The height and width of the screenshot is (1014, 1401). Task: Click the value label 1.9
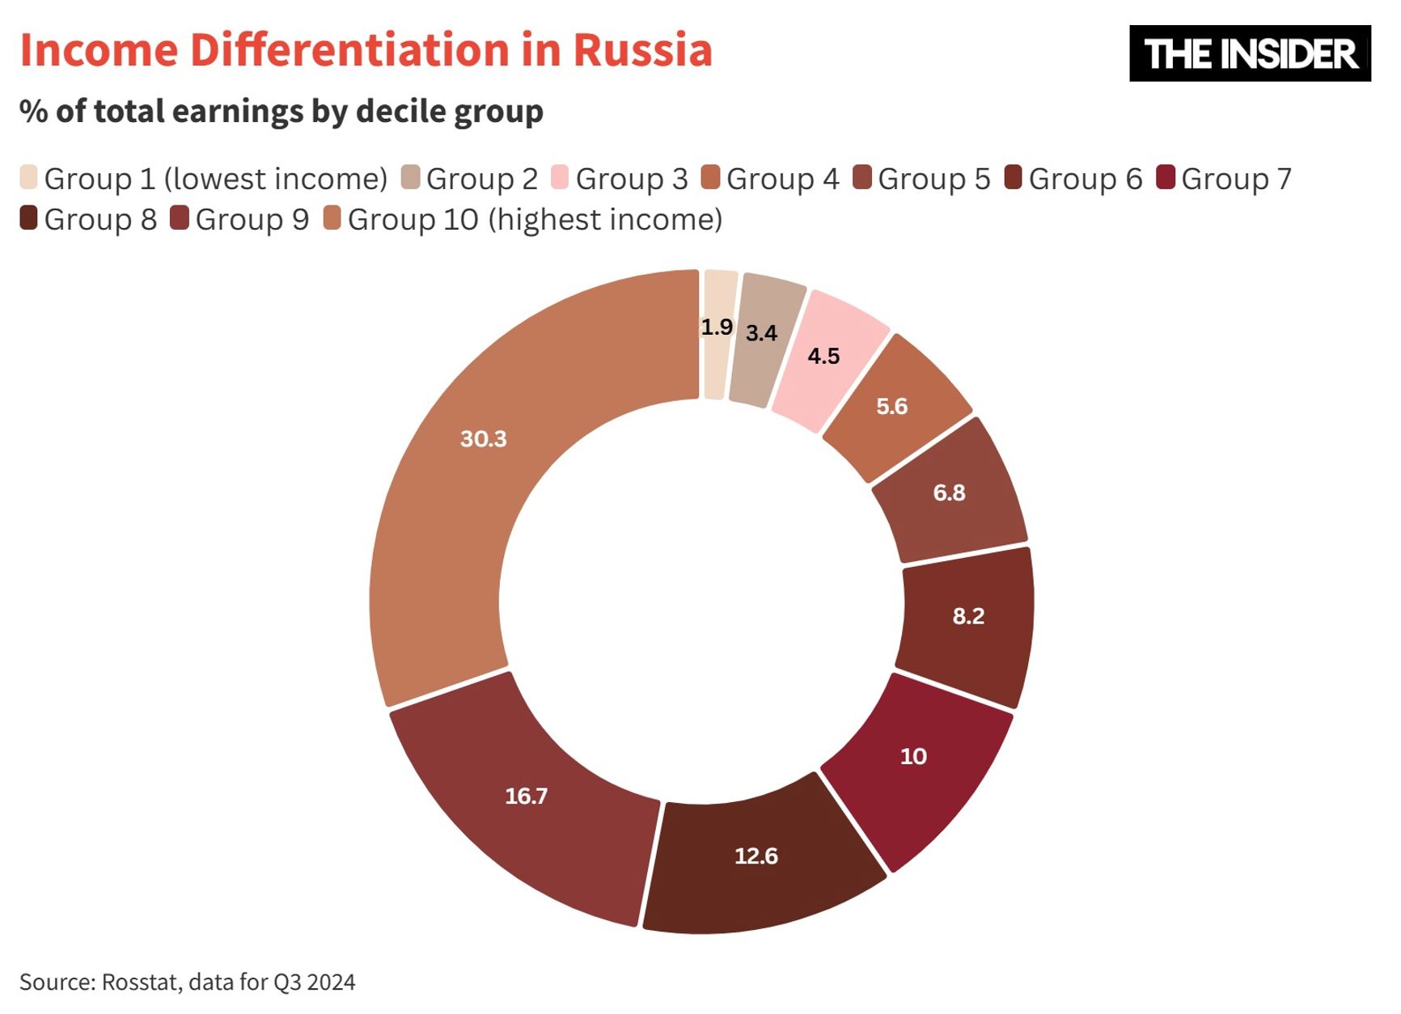click(x=717, y=327)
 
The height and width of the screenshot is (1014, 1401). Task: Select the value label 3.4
click(x=761, y=333)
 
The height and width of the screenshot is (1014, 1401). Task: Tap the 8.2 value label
click(x=968, y=616)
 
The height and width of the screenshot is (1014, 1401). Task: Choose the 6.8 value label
click(x=949, y=492)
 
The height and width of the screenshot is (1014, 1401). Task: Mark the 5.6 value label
click(x=892, y=406)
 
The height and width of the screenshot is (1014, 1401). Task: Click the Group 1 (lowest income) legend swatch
click(x=29, y=178)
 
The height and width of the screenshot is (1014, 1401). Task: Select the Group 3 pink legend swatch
click(x=559, y=178)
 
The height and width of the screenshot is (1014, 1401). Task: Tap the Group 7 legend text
click(x=1236, y=179)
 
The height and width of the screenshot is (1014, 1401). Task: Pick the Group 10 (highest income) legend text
click(x=535, y=220)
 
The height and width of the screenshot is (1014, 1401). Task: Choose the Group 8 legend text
click(x=100, y=220)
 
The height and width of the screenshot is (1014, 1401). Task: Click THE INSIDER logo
click(x=1250, y=53)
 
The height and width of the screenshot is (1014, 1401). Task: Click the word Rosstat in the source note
click(x=142, y=982)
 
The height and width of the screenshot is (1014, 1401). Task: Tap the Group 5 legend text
click(x=933, y=179)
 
